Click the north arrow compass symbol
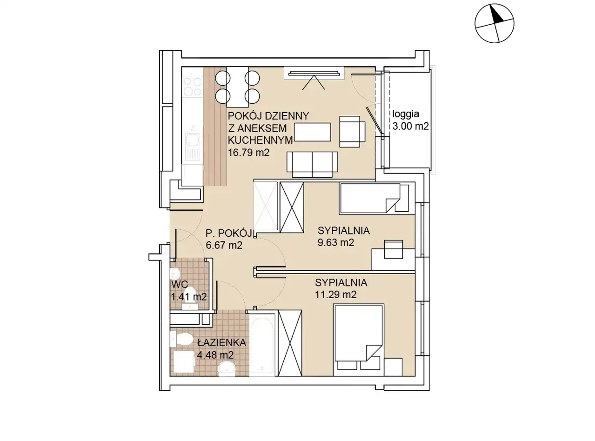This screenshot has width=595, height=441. point(494,23)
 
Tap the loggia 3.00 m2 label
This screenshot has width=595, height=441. point(410,120)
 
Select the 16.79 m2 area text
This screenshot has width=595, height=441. point(248,153)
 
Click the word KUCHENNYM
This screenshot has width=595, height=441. point(260,140)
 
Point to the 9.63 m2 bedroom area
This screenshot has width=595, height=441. point(335,242)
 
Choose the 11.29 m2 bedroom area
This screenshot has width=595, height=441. point(335,295)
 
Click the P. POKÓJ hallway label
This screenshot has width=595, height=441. point(228,234)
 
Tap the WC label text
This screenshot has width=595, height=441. point(179,285)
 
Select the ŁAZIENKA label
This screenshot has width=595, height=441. point(221,342)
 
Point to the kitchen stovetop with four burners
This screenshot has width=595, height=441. point(192,86)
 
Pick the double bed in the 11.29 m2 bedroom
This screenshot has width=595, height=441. point(358,340)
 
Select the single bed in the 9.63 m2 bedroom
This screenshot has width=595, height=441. point(374,199)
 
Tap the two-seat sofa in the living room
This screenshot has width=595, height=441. point(312,164)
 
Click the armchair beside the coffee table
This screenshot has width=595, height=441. point(352,132)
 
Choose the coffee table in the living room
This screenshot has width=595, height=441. point(313,132)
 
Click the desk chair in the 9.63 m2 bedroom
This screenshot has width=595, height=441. point(393,249)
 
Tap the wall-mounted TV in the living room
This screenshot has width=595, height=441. point(314,73)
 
